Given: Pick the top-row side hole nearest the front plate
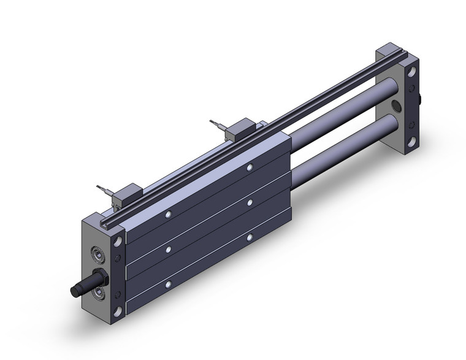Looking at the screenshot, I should [x=169, y=214].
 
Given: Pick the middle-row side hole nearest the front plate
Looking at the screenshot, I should [x=169, y=250].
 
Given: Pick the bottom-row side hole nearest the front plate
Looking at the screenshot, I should [x=169, y=284].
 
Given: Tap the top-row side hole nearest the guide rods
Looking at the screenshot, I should [x=250, y=167].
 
